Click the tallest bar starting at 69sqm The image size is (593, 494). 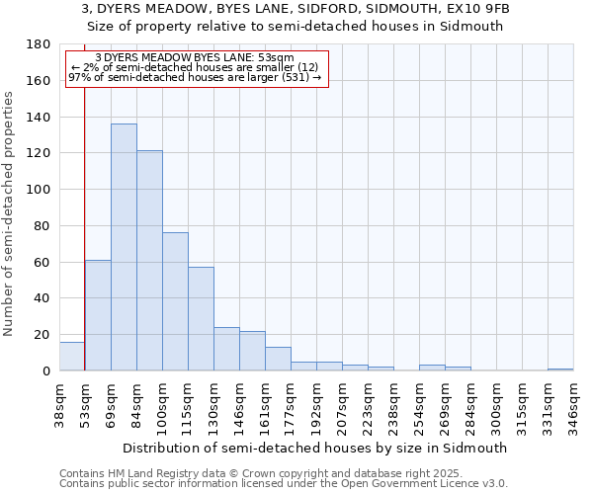[124, 247]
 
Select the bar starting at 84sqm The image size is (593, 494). [149, 261]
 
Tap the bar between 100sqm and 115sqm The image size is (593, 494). [175, 301]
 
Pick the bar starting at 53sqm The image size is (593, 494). [98, 315]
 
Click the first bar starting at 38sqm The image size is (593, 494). [72, 357]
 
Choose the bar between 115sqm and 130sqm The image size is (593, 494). [201, 319]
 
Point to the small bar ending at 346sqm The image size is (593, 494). [560, 370]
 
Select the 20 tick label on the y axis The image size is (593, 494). [42, 335]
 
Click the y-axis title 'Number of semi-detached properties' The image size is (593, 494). [10, 213]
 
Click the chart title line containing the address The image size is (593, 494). [296, 9]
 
